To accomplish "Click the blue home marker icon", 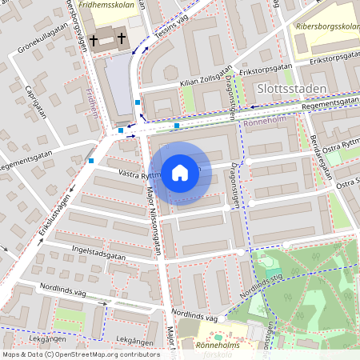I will (180, 173).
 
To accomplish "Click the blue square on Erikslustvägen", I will (91, 161).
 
